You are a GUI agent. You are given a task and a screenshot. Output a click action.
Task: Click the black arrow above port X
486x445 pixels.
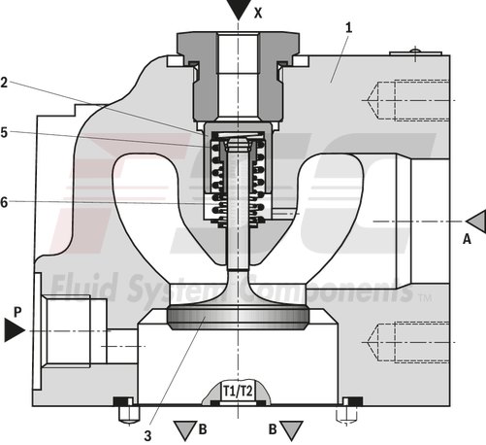pos(238,12)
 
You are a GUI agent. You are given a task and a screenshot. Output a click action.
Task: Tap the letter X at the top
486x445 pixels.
pos(258,13)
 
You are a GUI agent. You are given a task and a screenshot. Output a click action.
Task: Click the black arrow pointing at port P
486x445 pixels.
pos(13,331)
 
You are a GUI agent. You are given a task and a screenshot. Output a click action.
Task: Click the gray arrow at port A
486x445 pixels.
pos(474,222)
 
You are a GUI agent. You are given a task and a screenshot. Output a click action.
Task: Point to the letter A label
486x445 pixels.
pos(467,238)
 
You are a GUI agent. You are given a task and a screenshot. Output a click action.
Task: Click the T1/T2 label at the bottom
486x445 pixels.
pos(238,390)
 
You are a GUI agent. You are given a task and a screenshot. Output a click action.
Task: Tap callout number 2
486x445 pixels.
pos(6,83)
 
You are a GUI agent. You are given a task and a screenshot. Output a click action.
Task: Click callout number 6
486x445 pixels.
pos(6,202)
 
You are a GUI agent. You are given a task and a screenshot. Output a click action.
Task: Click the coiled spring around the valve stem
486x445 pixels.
pos(239,175)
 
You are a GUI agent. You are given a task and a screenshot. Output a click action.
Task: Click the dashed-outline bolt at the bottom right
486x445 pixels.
pos(343,413)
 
